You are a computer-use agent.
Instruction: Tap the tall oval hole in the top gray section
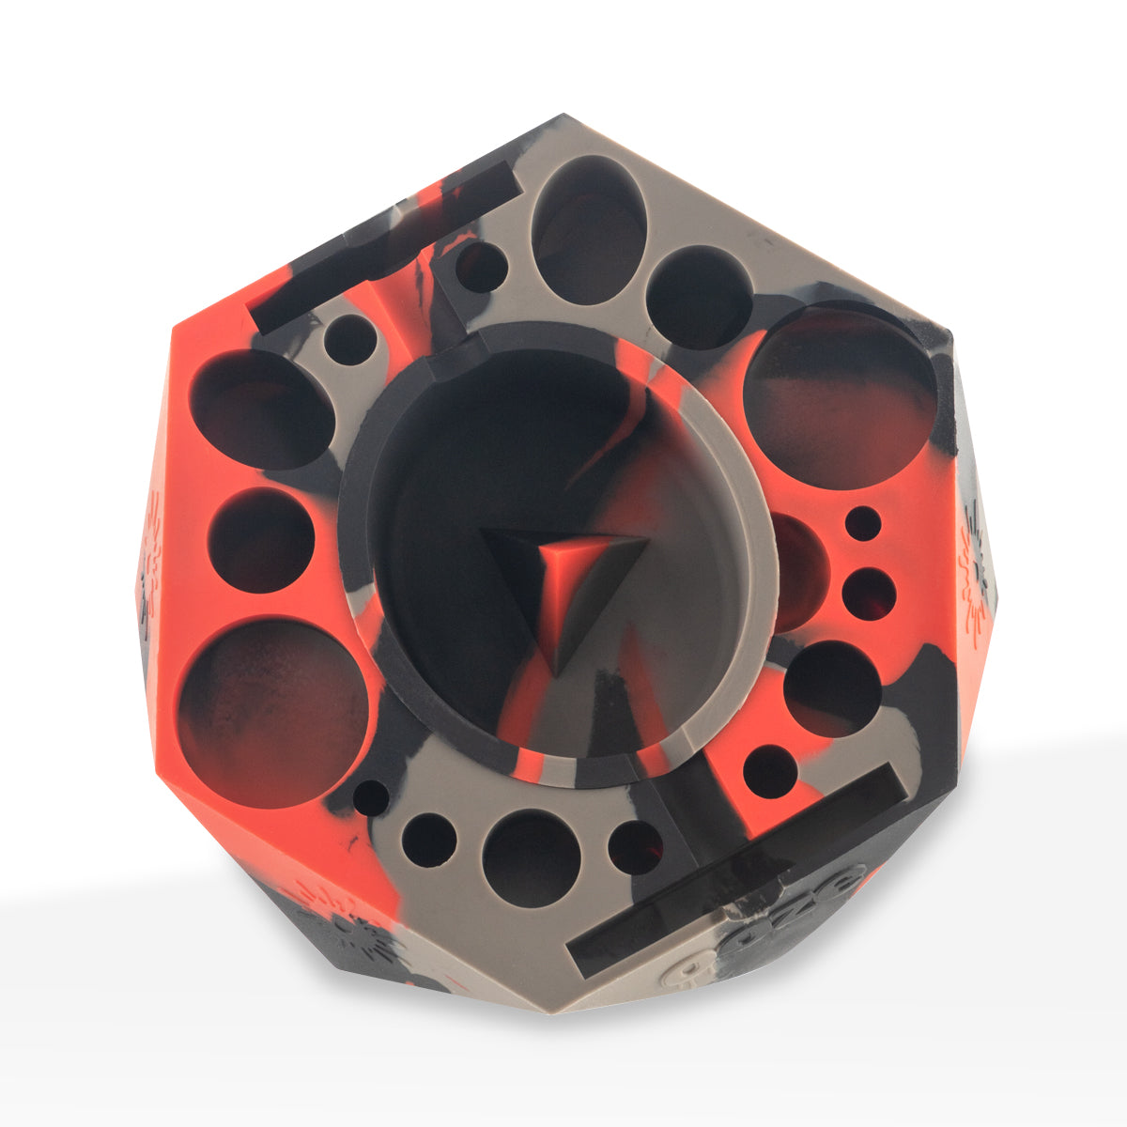click(x=588, y=230)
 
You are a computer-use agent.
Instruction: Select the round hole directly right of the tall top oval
click(x=700, y=297)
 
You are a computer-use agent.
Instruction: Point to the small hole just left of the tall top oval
click(x=481, y=268)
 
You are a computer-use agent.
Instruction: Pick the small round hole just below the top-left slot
click(x=350, y=340)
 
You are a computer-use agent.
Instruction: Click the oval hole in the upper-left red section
click(x=262, y=409)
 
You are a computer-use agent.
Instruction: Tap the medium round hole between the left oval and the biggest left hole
click(x=261, y=540)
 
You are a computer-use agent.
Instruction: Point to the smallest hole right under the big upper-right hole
click(x=863, y=523)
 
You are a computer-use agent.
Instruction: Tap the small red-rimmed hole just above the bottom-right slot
click(x=771, y=771)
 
